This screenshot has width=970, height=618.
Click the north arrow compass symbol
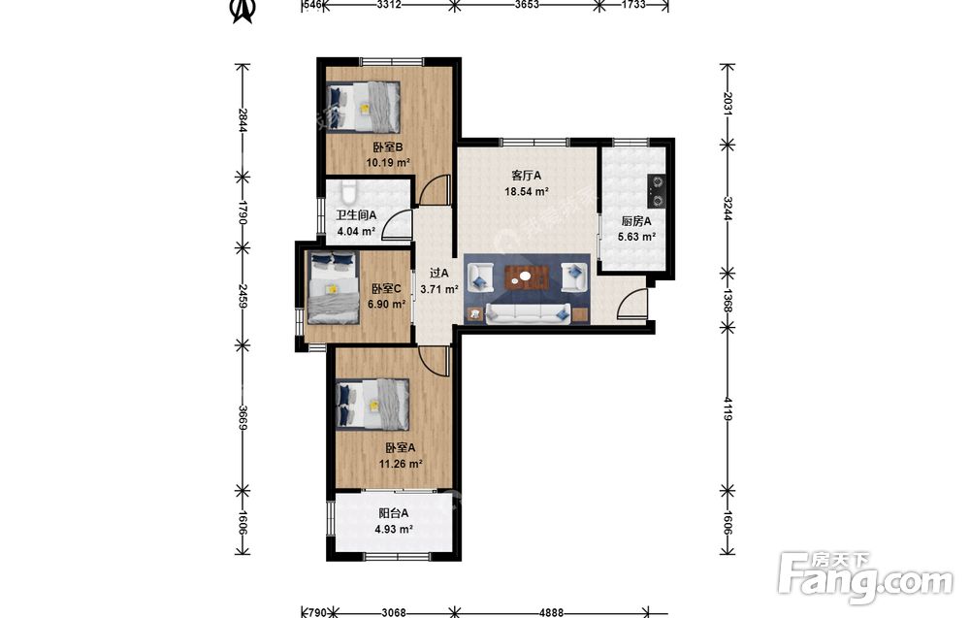[x=242, y=11]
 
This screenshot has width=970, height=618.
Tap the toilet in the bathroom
[x=348, y=193]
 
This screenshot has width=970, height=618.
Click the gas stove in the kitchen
[x=656, y=191]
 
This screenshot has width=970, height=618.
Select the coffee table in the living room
[x=527, y=277]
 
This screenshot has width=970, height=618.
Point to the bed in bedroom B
[x=363, y=107]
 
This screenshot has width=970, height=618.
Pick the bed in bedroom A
[x=372, y=405]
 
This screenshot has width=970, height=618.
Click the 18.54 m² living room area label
[x=527, y=192]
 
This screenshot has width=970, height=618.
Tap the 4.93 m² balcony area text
[x=394, y=529]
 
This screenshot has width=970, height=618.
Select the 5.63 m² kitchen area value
[x=636, y=237]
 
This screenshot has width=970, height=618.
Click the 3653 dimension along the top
[x=527, y=5]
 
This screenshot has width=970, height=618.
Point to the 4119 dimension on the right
[x=727, y=408]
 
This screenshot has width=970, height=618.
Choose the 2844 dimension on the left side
[x=243, y=120]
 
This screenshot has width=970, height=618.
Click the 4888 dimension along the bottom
[x=551, y=612]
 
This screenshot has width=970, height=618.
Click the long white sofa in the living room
[x=528, y=313]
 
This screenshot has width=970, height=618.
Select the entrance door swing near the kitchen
[x=631, y=305]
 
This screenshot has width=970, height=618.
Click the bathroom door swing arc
[x=396, y=224]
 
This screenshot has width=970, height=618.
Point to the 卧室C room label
[x=386, y=289]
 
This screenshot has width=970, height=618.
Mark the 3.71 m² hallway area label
[x=439, y=289]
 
